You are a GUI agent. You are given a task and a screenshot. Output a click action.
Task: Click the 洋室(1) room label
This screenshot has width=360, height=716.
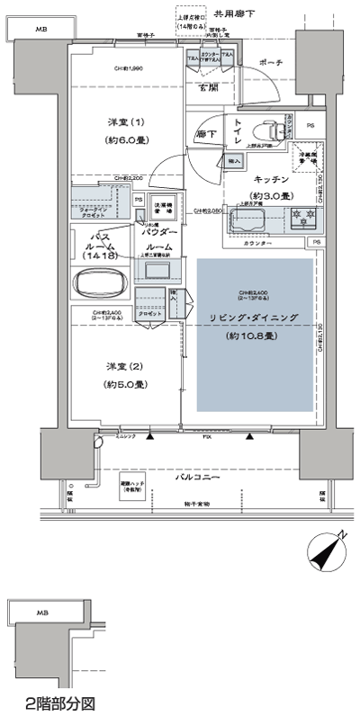(126, 121)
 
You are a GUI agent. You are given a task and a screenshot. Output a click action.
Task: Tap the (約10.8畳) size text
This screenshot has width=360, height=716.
(256, 336)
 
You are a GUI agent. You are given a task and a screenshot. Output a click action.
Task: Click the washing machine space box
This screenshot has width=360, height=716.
(163, 204)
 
